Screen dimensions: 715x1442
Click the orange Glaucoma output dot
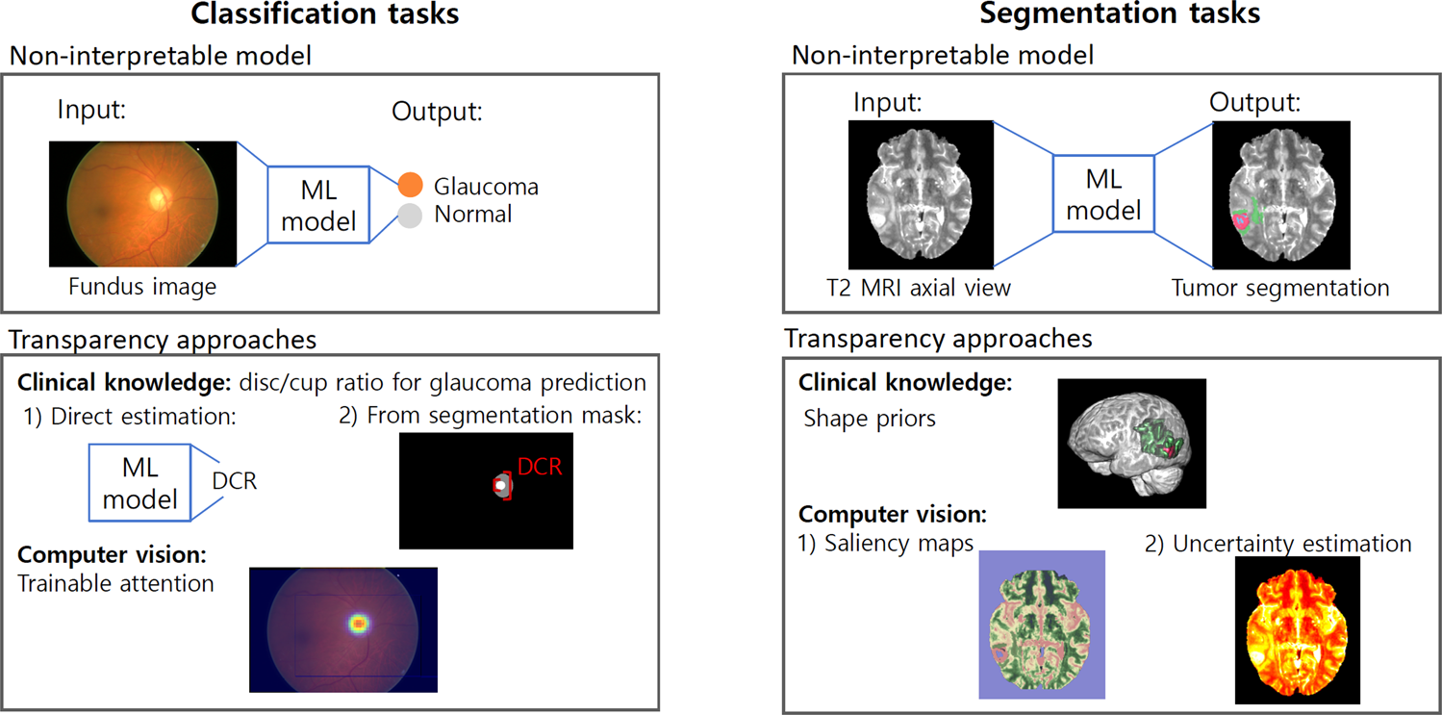click(x=411, y=185)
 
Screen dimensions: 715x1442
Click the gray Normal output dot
click(x=411, y=215)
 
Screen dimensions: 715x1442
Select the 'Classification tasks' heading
click(x=324, y=13)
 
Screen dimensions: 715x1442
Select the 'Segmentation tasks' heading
click(x=1120, y=13)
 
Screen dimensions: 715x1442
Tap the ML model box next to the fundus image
click(x=318, y=205)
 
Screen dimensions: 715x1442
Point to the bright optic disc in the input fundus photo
click(x=158, y=197)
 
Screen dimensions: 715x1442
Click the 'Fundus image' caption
click(x=142, y=286)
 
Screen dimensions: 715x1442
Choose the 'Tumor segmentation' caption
click(x=1280, y=288)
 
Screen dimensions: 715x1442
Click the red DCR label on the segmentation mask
click(x=539, y=468)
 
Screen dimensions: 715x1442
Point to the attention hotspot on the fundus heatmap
click(x=359, y=624)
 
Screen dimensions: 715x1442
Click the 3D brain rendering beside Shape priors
click(x=1131, y=444)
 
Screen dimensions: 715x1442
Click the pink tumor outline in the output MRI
click(x=1241, y=220)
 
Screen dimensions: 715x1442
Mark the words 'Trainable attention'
click(x=116, y=582)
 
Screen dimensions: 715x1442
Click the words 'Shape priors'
click(x=868, y=419)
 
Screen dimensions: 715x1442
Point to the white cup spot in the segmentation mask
click(x=499, y=486)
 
